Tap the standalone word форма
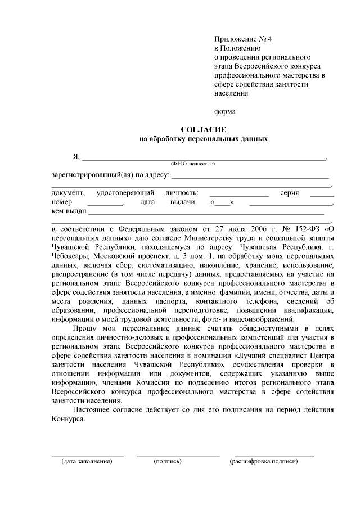[225, 111]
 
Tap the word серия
[289, 193]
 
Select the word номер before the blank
[62, 202]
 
